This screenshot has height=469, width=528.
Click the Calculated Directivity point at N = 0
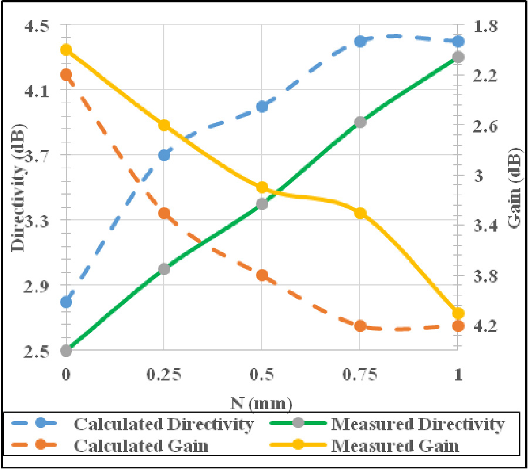[x=66, y=302]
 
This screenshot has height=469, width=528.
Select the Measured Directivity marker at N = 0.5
[x=262, y=204]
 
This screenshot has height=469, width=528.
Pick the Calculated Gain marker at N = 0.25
[x=164, y=213]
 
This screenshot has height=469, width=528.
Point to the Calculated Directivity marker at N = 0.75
[x=360, y=41]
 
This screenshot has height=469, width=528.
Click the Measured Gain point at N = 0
[x=66, y=50]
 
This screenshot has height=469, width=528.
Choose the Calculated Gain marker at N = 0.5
[x=262, y=276]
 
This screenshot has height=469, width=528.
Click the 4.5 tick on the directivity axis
[x=38, y=27]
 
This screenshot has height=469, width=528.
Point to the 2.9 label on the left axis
[x=38, y=286]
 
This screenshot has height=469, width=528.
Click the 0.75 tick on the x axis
[x=360, y=374]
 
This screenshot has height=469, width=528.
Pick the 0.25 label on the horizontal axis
[x=164, y=374]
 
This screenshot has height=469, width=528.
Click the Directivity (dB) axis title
[x=18, y=188]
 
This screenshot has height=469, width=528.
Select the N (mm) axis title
[x=261, y=403]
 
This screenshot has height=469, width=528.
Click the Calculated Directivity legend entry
[x=164, y=424]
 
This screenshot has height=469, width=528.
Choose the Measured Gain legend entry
[x=395, y=446]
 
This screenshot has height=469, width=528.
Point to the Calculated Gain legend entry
[x=141, y=446]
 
